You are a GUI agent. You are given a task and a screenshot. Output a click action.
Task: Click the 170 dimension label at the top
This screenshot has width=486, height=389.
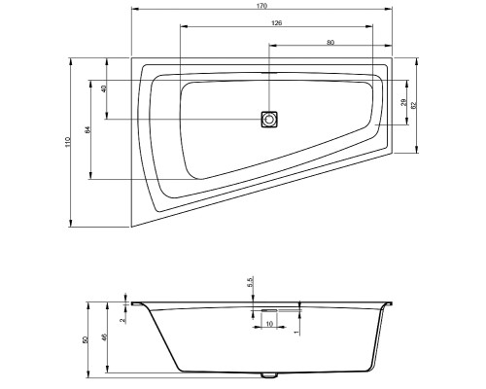262,6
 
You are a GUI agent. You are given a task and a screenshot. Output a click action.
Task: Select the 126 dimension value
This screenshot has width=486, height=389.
276,22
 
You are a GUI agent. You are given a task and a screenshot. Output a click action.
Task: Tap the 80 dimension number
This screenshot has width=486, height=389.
330,42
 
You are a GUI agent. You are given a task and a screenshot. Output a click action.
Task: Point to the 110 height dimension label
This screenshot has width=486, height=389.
68,142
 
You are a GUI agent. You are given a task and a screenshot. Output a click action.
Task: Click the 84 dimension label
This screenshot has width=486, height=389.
87,129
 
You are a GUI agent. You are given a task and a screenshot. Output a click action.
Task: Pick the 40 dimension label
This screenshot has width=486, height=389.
104,88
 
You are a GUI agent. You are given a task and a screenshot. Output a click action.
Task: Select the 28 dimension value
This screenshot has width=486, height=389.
403,102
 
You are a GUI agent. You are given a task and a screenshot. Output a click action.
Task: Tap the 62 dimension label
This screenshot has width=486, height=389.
413,105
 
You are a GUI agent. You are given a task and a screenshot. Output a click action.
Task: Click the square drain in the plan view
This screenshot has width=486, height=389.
269,120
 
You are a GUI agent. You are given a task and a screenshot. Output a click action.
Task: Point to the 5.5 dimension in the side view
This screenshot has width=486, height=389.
250,282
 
